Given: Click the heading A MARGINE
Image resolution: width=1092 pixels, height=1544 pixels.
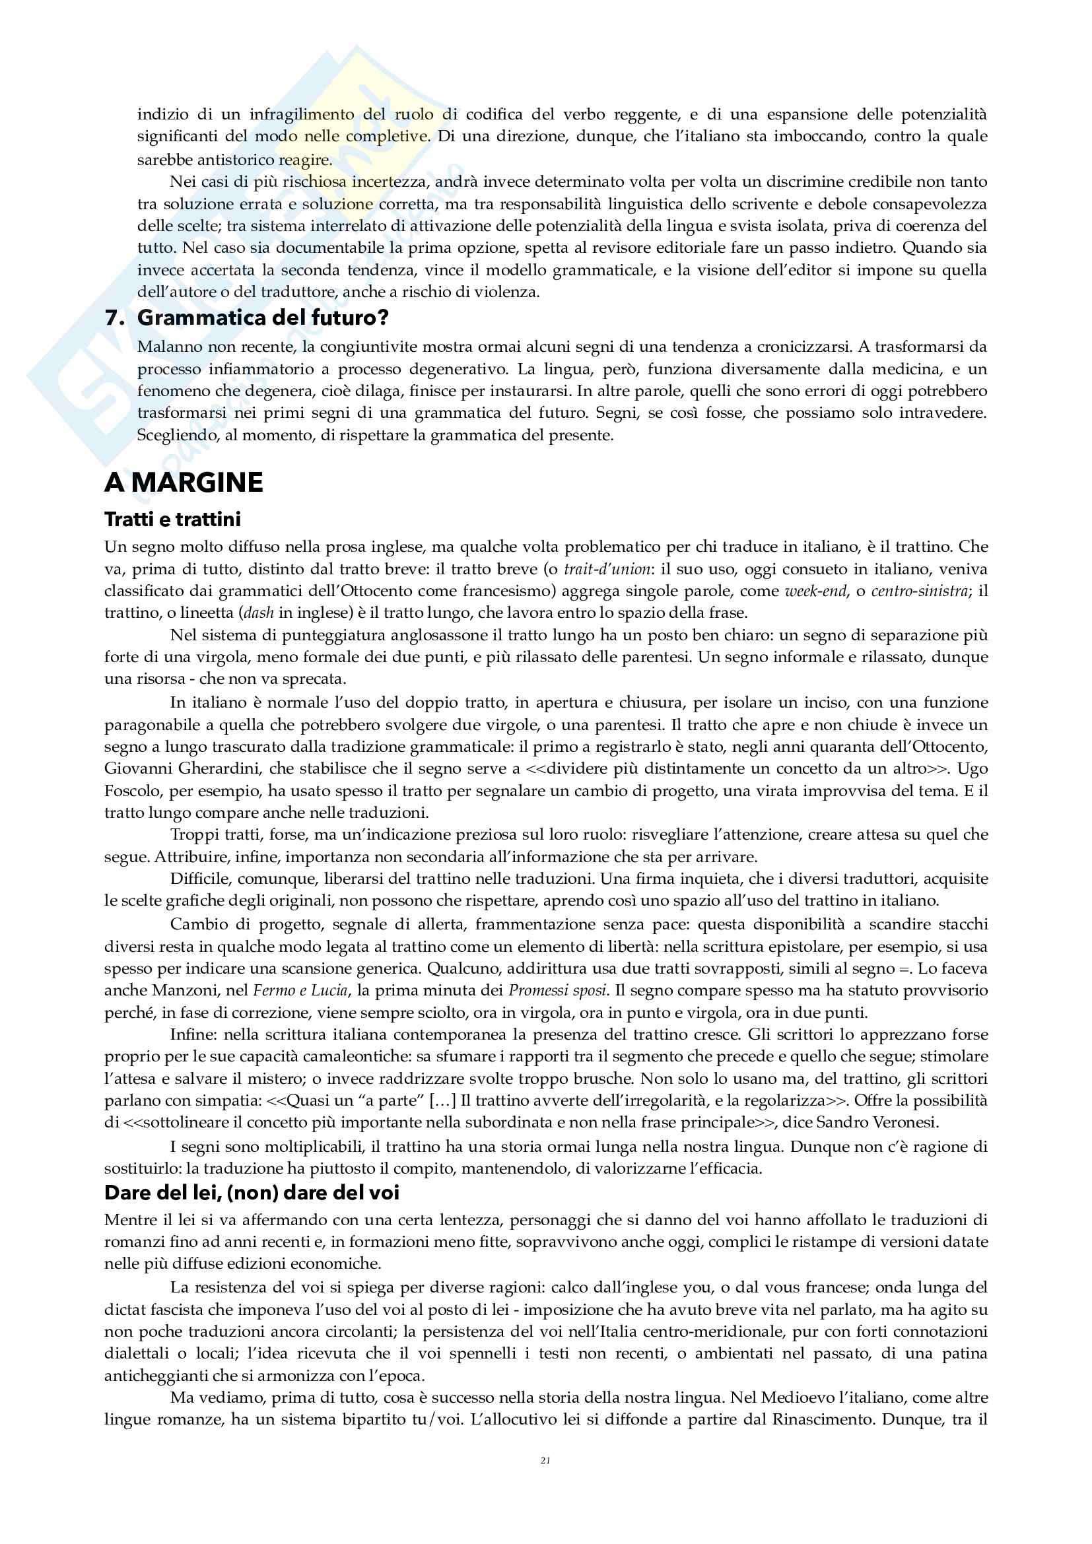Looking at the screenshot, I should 184,483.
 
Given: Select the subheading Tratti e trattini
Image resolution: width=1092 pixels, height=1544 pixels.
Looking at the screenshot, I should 172,519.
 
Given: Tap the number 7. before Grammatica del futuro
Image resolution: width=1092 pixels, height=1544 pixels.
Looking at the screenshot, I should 115,318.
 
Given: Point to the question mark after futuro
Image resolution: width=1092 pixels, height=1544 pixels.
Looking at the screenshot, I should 384,318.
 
